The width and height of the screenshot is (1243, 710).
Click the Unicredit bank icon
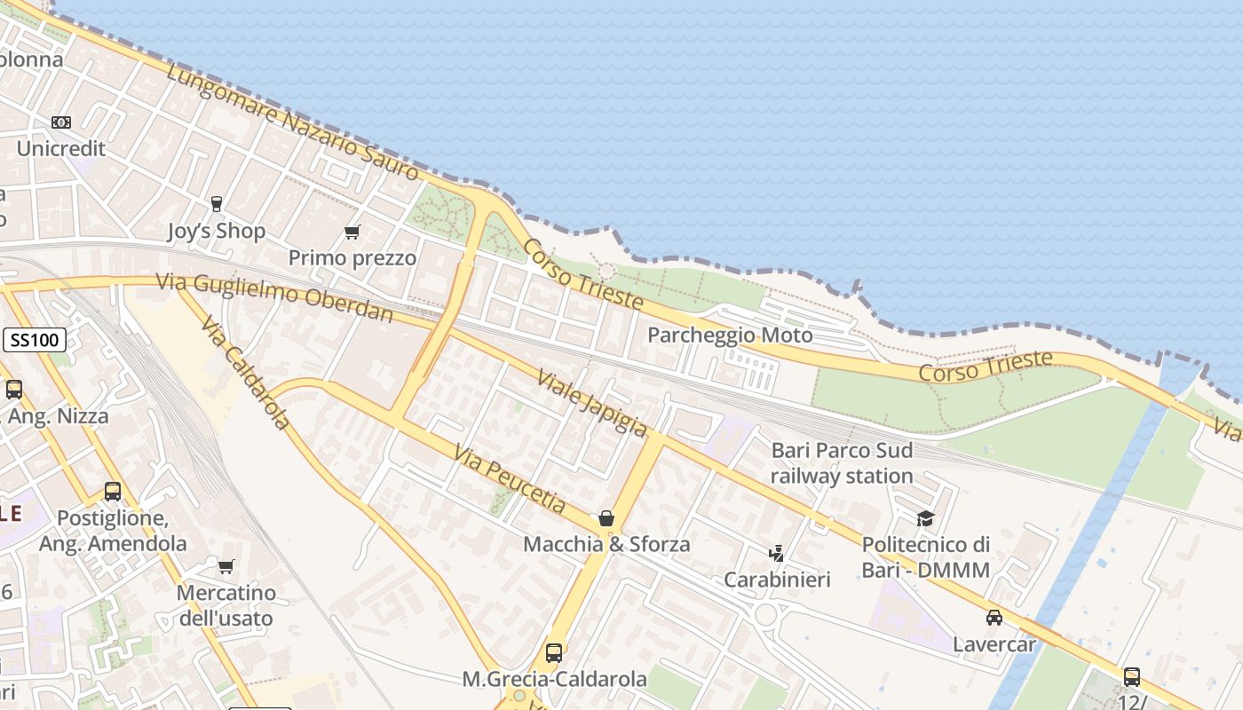click(x=60, y=122)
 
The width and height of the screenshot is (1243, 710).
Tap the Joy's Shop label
click(x=217, y=232)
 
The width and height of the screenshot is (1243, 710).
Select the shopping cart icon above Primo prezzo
click(x=352, y=233)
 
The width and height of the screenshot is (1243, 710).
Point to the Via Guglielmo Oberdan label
click(x=274, y=296)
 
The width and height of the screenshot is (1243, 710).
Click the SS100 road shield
click(x=35, y=339)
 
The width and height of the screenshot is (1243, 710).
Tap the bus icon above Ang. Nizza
click(x=14, y=389)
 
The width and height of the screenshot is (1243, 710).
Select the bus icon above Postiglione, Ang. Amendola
click(x=113, y=491)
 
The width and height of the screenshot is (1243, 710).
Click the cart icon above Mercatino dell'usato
click(x=226, y=566)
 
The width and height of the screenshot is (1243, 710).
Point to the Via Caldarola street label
click(x=246, y=373)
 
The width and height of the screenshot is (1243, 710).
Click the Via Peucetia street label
click(x=510, y=479)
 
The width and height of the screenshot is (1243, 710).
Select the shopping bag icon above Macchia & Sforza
click(x=606, y=518)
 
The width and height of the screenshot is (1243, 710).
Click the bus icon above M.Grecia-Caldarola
click(x=554, y=653)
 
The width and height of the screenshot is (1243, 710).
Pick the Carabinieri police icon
click(x=777, y=554)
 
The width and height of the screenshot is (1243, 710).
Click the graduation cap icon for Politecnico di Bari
click(x=926, y=518)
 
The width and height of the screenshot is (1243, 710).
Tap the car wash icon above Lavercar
click(x=994, y=618)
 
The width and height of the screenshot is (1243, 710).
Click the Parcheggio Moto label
click(x=730, y=335)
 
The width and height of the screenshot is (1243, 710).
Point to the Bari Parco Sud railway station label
click(x=842, y=463)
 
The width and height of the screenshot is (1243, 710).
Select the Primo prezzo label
click(x=352, y=258)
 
